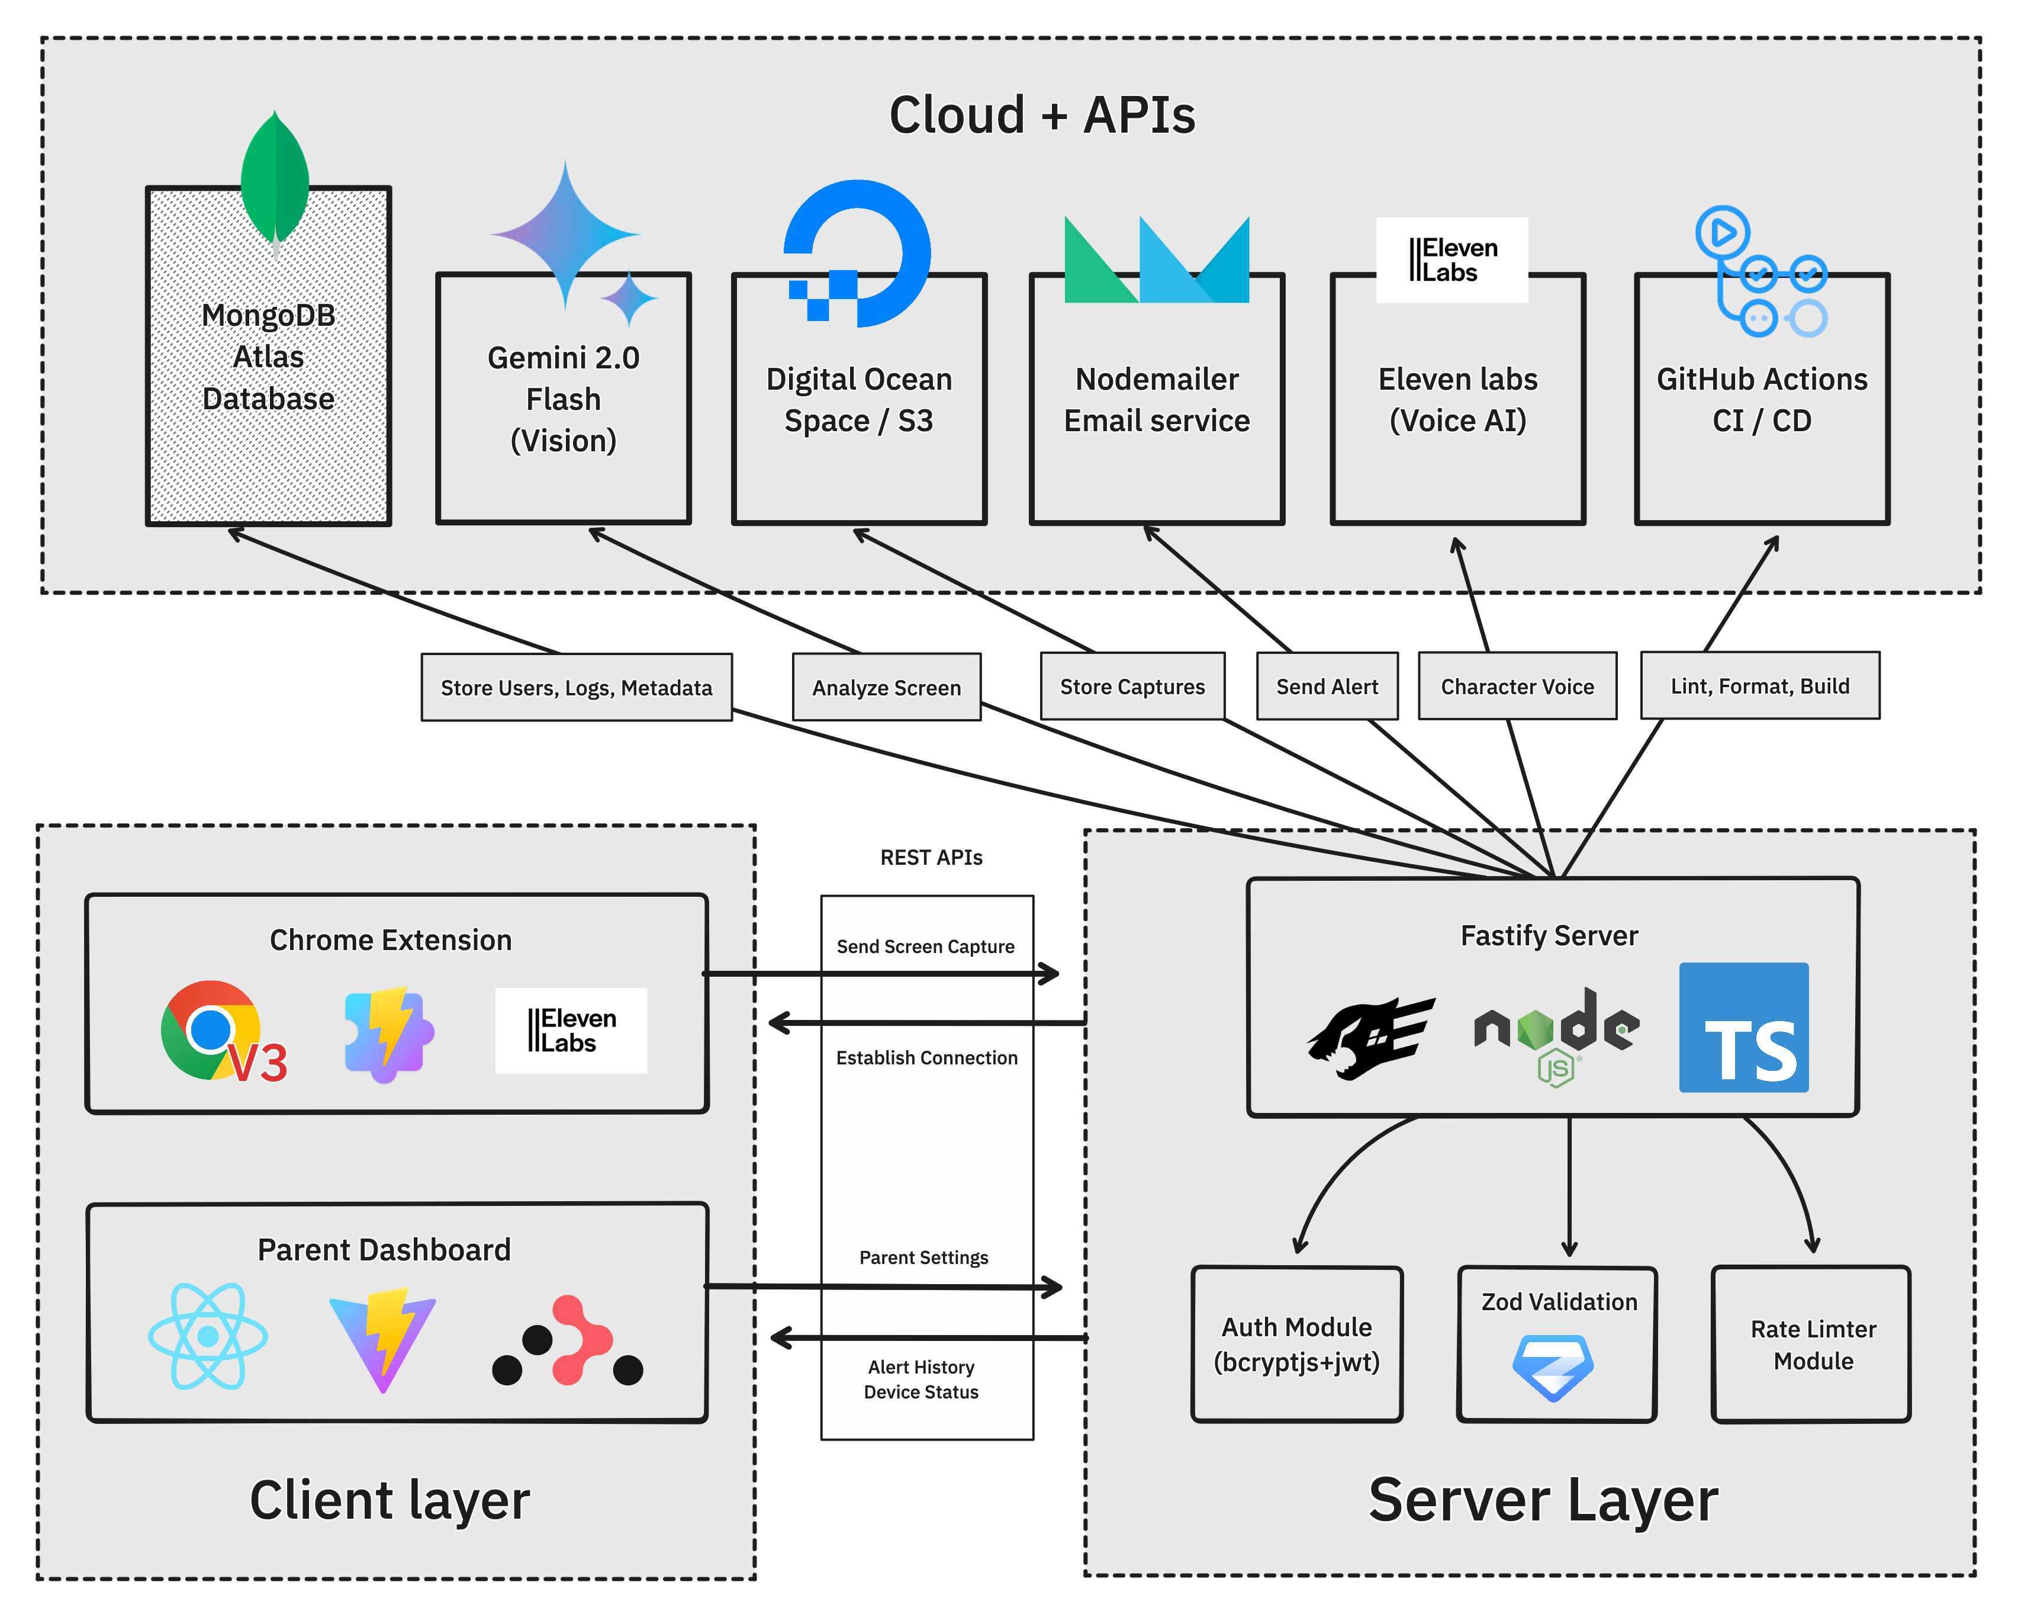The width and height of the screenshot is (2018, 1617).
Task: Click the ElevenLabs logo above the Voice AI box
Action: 1451,260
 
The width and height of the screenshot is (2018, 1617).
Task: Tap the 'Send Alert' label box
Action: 1327,687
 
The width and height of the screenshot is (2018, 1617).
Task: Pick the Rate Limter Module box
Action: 1812,1345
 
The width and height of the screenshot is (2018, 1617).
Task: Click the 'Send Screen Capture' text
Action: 925,947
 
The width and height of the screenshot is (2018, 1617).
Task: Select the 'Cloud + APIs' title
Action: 1042,115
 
